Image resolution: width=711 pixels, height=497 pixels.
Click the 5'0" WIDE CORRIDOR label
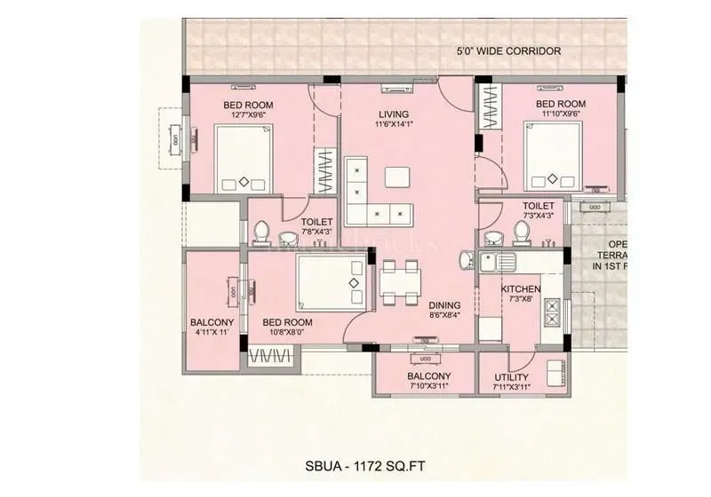point(507,51)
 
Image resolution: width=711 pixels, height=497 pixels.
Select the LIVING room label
point(393,114)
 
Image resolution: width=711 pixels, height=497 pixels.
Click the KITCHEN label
point(520,290)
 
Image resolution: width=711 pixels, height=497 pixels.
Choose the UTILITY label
point(511,377)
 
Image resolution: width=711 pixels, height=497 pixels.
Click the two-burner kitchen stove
point(552,311)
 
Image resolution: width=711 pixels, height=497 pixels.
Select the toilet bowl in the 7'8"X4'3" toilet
point(260,233)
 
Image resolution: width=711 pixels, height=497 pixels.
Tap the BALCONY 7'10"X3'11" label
point(429,382)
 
